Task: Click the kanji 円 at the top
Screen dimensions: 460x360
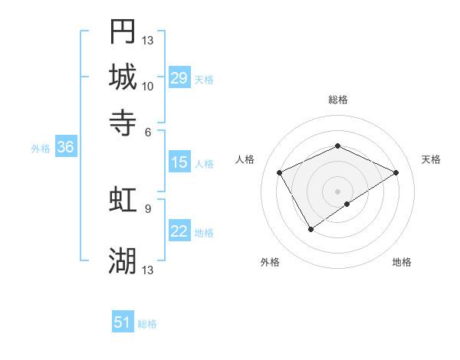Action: pyautogui.click(x=123, y=32)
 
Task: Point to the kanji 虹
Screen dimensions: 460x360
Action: pyautogui.click(x=123, y=200)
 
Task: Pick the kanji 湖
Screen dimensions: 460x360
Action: pyautogui.click(x=123, y=261)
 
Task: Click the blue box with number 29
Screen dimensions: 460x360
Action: pyautogui.click(x=179, y=78)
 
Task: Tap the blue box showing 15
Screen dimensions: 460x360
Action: pyautogui.click(x=179, y=162)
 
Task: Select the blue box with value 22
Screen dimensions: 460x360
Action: pyautogui.click(x=179, y=232)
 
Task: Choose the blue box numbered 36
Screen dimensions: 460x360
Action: pyautogui.click(x=65, y=148)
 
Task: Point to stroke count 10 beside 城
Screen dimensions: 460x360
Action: pyautogui.click(x=148, y=87)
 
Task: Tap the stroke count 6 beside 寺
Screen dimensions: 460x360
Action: pyautogui.click(x=148, y=131)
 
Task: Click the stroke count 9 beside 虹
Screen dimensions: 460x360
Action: pyautogui.click(x=148, y=208)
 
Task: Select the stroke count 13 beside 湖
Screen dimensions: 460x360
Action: pyautogui.click(x=148, y=270)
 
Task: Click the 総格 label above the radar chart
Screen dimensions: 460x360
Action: pyautogui.click(x=337, y=100)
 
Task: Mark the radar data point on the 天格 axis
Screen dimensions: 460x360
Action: pyautogui.click(x=396, y=172)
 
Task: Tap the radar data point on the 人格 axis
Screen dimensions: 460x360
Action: pyautogui.click(x=280, y=172)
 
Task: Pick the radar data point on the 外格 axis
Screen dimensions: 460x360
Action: pyautogui.click(x=311, y=229)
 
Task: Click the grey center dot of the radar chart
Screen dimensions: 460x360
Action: pyautogui.click(x=337, y=191)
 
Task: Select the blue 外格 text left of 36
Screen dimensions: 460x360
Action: pyautogui.click(x=40, y=149)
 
